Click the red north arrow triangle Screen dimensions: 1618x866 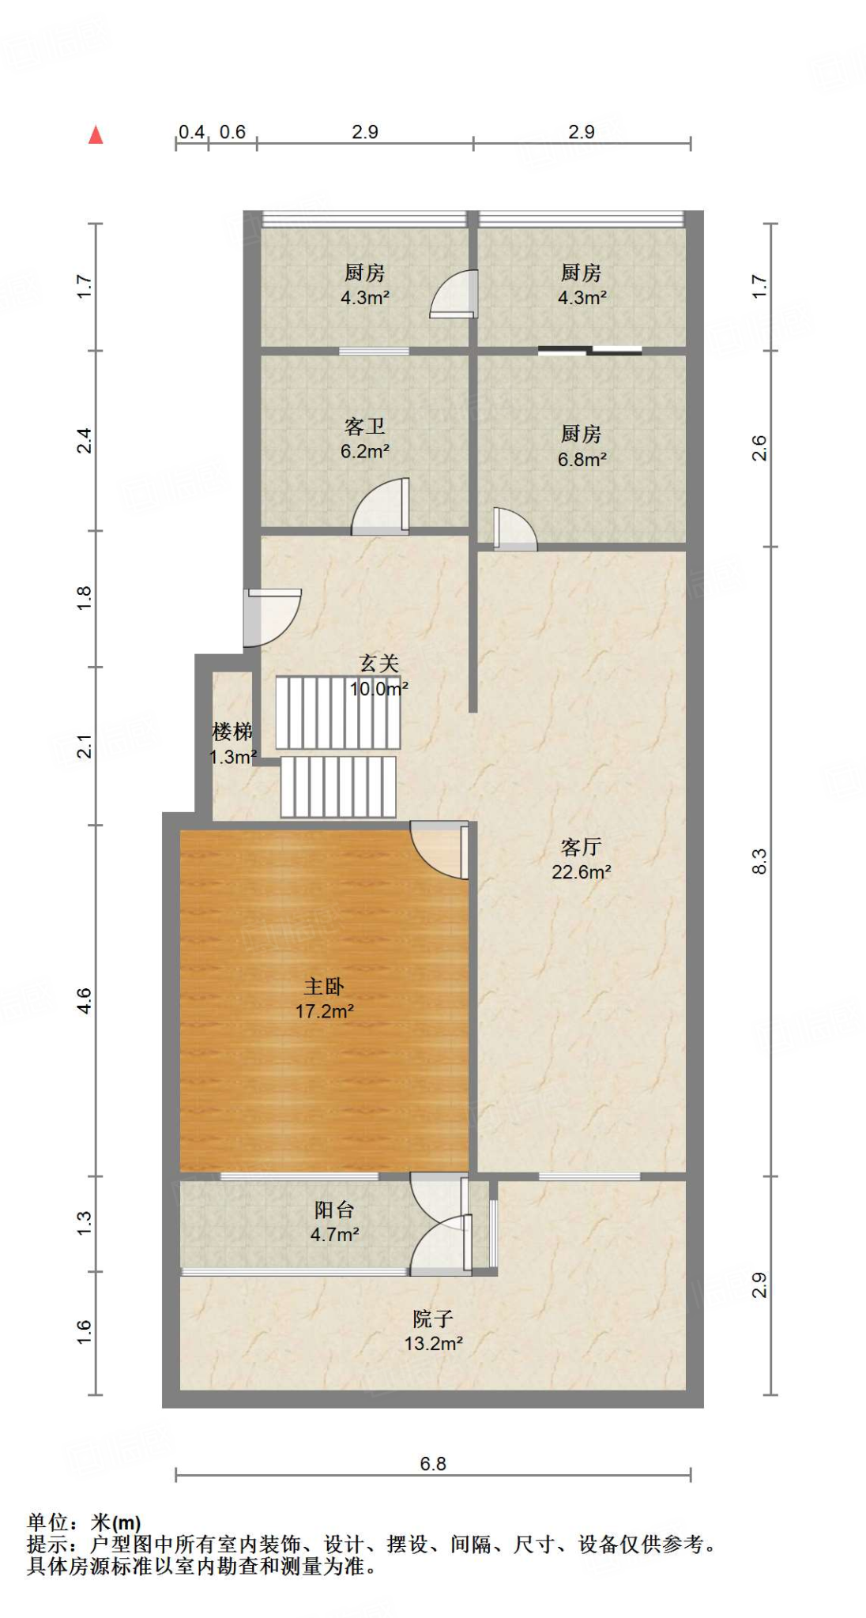[96, 135]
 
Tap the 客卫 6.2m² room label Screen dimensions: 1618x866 [364, 439]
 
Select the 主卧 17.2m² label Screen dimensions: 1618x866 [324, 999]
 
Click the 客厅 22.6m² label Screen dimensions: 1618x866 [581, 860]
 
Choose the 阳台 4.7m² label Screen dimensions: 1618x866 [334, 1222]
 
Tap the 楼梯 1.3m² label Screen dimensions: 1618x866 [232, 744]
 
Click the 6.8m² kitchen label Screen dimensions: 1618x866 [582, 447]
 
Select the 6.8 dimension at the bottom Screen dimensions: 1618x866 [433, 1464]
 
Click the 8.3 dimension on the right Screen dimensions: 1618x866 [759, 861]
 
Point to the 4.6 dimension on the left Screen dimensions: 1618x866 [85, 1001]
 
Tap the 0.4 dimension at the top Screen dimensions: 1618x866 [191, 132]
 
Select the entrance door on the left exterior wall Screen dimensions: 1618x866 [270, 616]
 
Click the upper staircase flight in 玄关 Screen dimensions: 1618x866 [337, 713]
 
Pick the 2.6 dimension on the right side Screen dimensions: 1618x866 [759, 449]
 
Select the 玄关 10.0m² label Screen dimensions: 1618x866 [378, 676]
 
